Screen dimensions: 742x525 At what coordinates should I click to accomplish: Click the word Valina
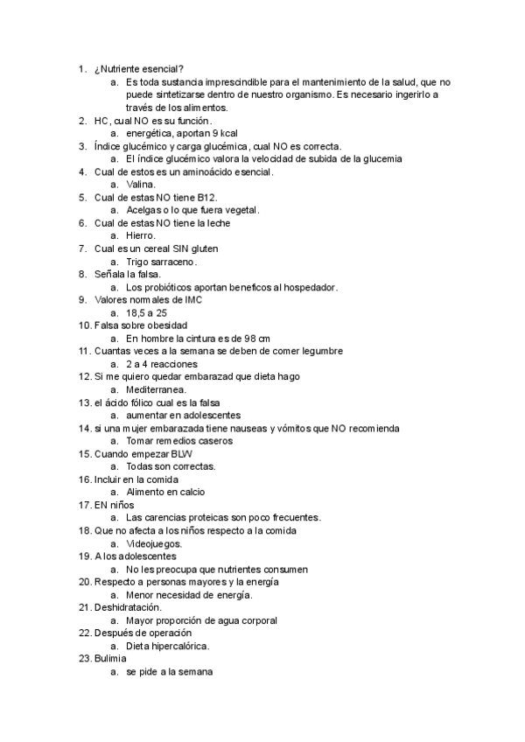(141, 185)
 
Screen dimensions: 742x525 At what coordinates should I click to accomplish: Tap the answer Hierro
(141, 235)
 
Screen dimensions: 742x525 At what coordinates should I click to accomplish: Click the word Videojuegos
(154, 542)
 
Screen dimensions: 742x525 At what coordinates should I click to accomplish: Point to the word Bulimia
(110, 658)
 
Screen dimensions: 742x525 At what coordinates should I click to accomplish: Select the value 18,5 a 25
(147, 312)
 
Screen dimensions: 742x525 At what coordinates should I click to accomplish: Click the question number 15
(84, 453)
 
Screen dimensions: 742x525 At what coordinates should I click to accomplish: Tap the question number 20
(84, 582)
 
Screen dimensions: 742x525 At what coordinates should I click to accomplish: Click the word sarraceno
(173, 262)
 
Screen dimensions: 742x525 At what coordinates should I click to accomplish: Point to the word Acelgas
(145, 210)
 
